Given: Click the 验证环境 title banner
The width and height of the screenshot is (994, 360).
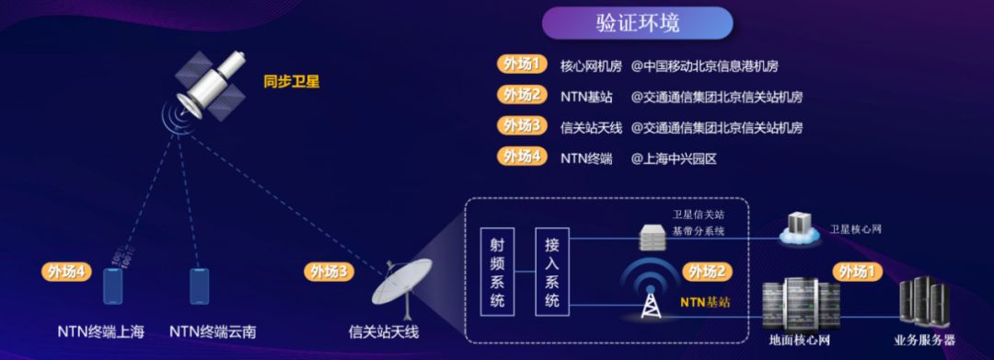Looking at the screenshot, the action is pyautogui.click(x=637, y=23).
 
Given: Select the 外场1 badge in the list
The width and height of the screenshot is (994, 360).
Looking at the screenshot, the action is pyautogui.click(x=522, y=64).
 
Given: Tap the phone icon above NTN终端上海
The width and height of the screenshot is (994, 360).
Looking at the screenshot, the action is pyautogui.click(x=112, y=285).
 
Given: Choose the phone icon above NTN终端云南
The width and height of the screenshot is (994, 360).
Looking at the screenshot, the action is pyautogui.click(x=199, y=285).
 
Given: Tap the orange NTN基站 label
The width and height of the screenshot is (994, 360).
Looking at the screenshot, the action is pyautogui.click(x=705, y=301).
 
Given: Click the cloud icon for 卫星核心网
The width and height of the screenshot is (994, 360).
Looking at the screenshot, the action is pyautogui.click(x=799, y=228).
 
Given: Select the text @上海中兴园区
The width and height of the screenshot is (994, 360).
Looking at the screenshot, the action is pyautogui.click(x=674, y=157).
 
